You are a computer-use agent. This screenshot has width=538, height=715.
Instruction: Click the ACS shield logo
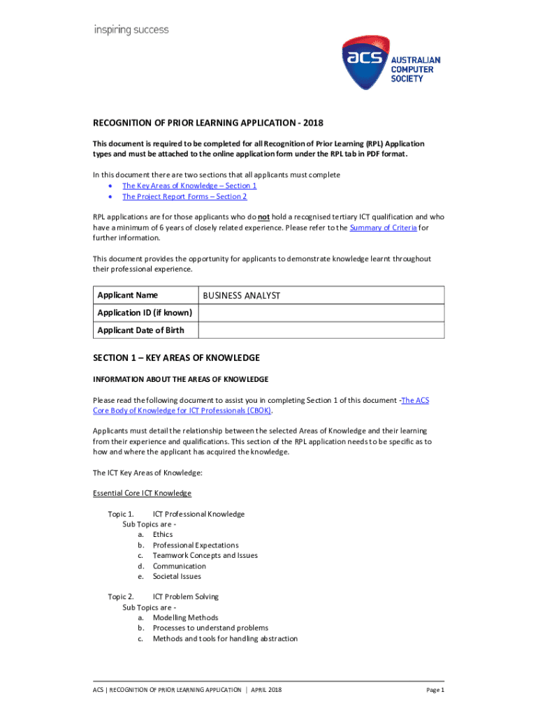(368, 64)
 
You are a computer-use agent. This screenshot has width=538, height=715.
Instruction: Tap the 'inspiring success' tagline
(131, 30)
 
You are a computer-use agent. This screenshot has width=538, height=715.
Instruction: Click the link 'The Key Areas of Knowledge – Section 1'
(189, 186)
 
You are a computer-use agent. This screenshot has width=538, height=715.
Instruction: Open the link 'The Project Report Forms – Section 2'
(184, 197)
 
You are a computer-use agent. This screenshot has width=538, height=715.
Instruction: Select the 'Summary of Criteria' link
(383, 228)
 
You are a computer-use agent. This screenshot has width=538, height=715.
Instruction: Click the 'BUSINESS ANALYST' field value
(242, 296)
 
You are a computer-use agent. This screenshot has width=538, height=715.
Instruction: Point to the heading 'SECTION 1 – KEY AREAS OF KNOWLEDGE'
(176, 358)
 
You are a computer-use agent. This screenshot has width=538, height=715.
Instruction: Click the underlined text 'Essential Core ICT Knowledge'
(142, 494)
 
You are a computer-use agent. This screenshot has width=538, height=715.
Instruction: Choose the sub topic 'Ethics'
(163, 535)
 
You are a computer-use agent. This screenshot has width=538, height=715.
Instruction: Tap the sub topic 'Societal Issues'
(177, 577)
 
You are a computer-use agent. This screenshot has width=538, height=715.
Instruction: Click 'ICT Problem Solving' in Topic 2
(186, 597)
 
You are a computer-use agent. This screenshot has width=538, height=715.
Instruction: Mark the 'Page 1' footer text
(435, 691)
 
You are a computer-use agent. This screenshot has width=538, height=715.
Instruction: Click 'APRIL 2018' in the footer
(266, 691)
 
